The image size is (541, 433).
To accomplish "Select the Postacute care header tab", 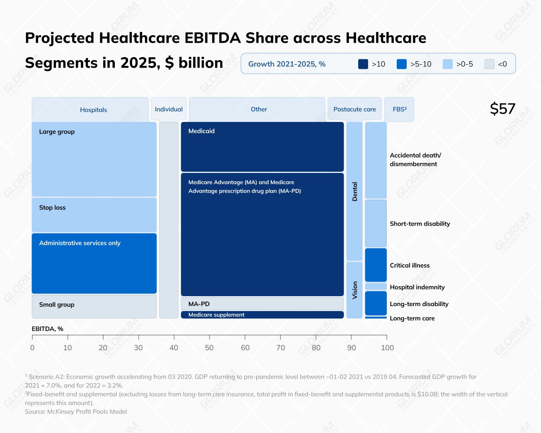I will [x=354, y=109].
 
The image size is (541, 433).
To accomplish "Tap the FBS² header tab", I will [x=399, y=109].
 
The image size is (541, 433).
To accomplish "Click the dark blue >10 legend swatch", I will [x=363, y=64].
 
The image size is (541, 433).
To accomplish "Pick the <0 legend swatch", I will [x=489, y=64].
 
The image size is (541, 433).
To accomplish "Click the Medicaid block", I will [x=262, y=147].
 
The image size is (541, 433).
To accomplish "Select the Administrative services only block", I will [x=94, y=263].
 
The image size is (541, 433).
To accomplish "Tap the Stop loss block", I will [x=94, y=215].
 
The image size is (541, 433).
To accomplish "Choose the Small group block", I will [x=94, y=307].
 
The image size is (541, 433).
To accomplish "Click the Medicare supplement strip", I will [x=262, y=315].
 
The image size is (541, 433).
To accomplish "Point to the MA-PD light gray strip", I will [x=262, y=304].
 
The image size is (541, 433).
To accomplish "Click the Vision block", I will [x=354, y=290].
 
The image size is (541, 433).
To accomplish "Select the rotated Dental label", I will [x=354, y=192].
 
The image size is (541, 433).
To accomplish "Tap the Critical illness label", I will [x=410, y=265].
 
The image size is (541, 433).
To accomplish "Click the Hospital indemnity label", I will [x=417, y=287].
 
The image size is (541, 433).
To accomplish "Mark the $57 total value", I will [x=502, y=109].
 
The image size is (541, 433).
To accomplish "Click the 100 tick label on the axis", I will [x=387, y=348].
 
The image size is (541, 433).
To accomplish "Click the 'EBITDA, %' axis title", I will [x=47, y=329].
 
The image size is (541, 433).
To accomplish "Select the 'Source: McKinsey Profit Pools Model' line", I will [x=76, y=411].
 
